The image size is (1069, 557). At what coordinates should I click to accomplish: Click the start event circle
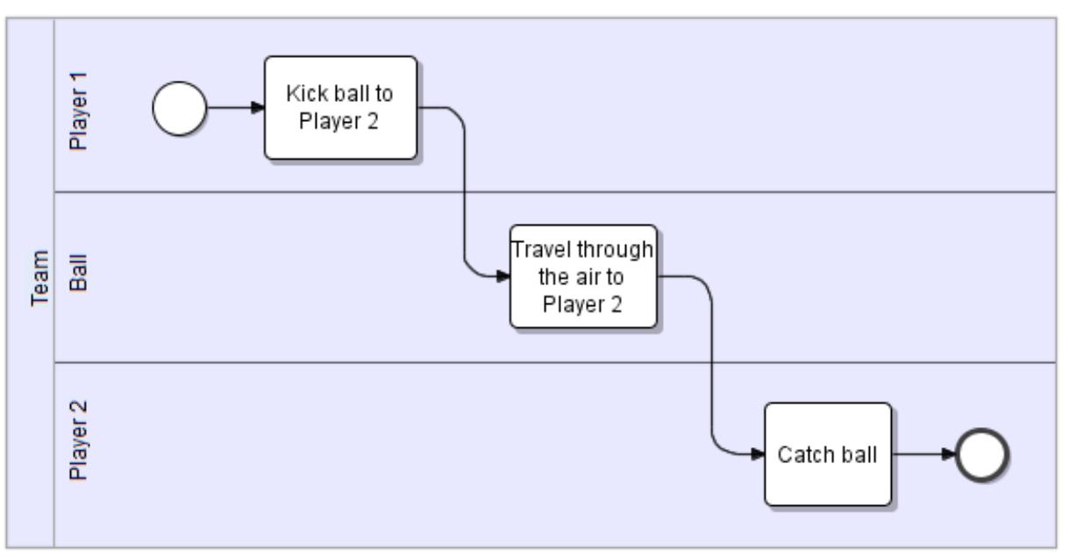180,109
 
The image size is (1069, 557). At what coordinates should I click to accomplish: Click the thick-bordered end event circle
982,454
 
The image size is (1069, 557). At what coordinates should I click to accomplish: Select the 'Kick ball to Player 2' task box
340,108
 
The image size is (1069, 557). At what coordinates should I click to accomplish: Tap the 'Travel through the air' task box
583,276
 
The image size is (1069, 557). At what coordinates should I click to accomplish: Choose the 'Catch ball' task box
828,454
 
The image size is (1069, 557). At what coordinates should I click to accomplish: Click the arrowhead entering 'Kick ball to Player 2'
258,108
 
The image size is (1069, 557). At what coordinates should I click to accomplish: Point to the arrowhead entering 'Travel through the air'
503,276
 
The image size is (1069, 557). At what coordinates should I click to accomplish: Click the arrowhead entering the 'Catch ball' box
758,454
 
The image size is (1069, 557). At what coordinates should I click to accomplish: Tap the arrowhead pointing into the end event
950,454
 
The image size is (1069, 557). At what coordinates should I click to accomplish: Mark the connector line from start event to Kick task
230,108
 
